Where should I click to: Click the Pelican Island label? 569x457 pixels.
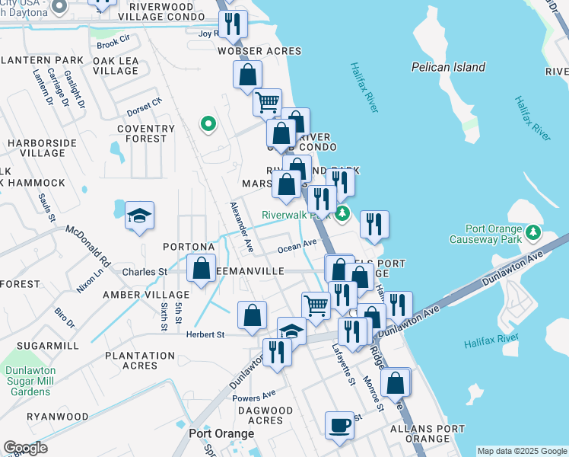(x=448, y=67)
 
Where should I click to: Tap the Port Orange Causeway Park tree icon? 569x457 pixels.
(x=533, y=232)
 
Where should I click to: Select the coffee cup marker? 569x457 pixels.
(x=339, y=425)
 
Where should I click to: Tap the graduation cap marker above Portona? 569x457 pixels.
(x=139, y=216)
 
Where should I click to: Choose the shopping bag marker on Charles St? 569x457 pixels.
(x=201, y=269)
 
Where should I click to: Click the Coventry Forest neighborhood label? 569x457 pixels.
(x=141, y=133)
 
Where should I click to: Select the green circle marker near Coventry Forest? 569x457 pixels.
(x=207, y=123)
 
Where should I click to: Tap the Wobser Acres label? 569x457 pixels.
(x=259, y=52)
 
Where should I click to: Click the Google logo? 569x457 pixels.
(x=25, y=447)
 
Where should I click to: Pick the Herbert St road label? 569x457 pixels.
(x=205, y=334)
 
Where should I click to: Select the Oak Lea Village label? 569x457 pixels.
(x=116, y=66)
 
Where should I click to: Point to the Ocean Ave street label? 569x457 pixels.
(x=297, y=245)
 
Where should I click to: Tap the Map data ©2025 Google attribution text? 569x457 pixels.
(x=522, y=451)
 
